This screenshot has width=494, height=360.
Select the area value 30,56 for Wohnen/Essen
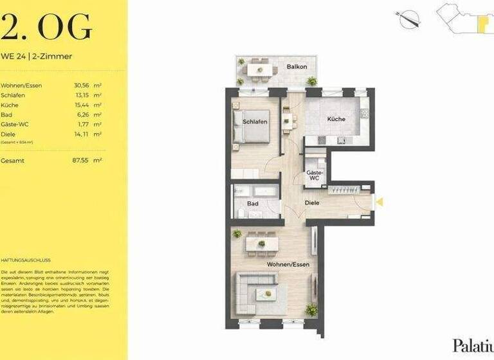tap(82, 85)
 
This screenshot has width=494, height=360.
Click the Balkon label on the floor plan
tap(297, 66)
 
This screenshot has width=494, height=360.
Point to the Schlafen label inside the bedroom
tap(255, 122)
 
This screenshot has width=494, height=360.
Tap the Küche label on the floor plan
tap(336, 119)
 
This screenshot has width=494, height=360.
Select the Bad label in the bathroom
tap(253, 204)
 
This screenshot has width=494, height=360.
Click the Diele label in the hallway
tap(312, 203)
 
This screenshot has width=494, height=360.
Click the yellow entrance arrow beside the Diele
tap(379, 202)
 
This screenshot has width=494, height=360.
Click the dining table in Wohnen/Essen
tap(261, 243)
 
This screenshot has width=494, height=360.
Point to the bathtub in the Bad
tap(257, 191)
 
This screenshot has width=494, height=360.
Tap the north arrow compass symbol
tap(409, 19)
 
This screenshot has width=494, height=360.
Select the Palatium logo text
tap(473, 345)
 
